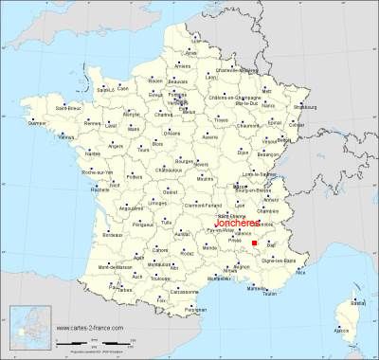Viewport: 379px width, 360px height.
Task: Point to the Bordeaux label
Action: (116, 234)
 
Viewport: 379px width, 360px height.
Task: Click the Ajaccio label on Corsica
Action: (345, 332)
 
